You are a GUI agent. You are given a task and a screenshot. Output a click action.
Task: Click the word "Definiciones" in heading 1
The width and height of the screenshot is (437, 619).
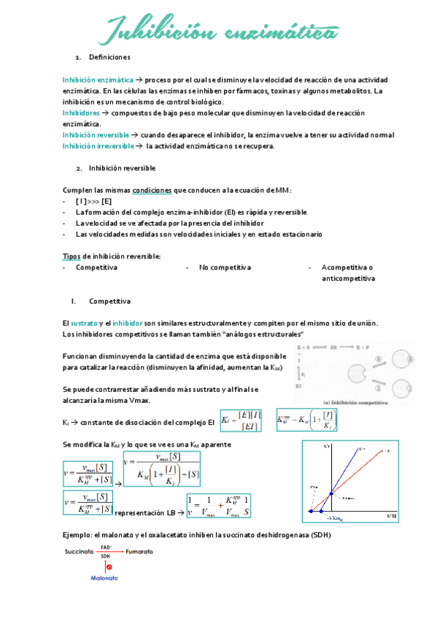[x=109, y=57]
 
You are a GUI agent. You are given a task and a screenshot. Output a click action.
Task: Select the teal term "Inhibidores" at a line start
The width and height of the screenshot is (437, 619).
[x=82, y=113]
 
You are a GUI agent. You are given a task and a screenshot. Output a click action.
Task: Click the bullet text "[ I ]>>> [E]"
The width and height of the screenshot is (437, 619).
[x=93, y=201]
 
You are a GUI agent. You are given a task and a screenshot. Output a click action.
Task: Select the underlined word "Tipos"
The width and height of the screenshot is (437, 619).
[x=71, y=256]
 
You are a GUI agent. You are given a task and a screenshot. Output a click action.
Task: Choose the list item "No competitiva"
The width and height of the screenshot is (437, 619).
[x=224, y=267]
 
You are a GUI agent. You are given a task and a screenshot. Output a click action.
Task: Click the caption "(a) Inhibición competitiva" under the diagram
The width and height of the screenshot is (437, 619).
[x=354, y=401]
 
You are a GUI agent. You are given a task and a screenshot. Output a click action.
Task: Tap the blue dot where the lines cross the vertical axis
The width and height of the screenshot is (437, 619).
[x=330, y=494]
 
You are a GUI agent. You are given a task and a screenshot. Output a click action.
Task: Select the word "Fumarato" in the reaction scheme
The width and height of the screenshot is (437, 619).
[x=139, y=553]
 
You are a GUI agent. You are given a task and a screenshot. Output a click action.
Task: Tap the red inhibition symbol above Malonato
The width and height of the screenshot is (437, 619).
[x=108, y=567]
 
